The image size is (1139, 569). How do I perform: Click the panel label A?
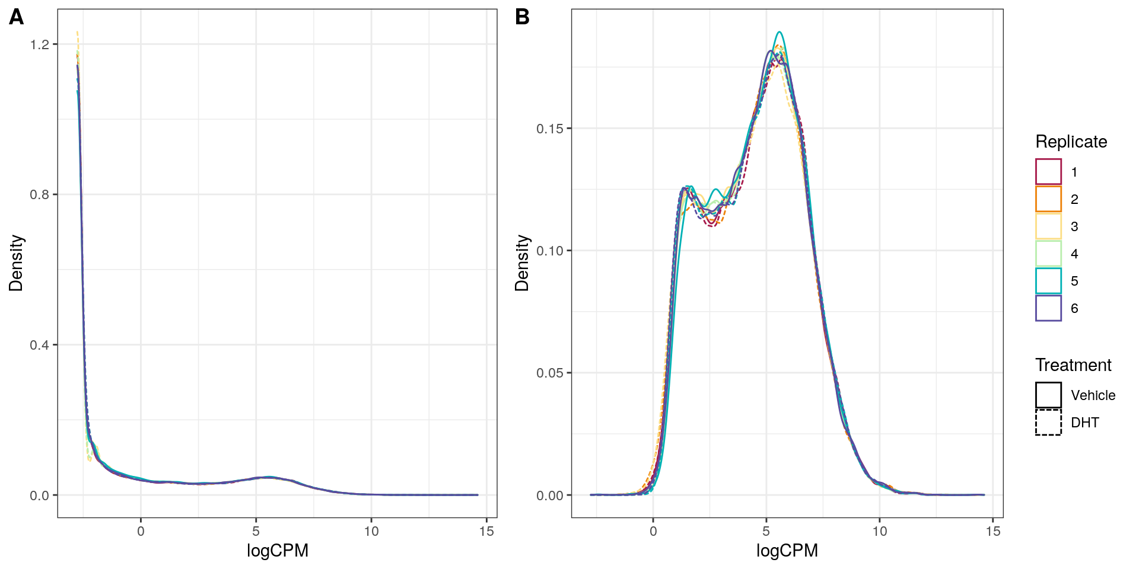pos(17,17)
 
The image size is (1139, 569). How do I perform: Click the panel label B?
pos(522,17)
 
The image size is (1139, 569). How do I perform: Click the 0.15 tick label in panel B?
pos(550,129)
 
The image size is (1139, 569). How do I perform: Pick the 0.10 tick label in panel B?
pos(550,251)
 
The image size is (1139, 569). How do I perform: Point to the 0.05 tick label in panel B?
pos(550,373)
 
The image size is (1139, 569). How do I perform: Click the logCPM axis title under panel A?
pos(277,551)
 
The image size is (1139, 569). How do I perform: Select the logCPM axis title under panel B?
pos(787,551)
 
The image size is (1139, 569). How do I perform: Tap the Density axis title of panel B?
pos(522,263)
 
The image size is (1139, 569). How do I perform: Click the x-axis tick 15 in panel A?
pos(486,532)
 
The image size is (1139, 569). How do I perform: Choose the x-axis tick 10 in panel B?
pos(880,532)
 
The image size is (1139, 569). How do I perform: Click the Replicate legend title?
pos(1071,142)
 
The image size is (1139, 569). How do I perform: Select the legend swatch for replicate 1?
pos(1048,172)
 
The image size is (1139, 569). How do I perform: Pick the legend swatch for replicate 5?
pos(1048,281)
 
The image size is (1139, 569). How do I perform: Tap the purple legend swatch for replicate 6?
pos(1048,308)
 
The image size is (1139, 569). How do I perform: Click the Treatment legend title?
pos(1073,365)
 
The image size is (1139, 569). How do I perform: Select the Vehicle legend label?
pos(1093,395)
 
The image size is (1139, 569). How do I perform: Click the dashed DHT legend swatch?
pos(1048,423)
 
